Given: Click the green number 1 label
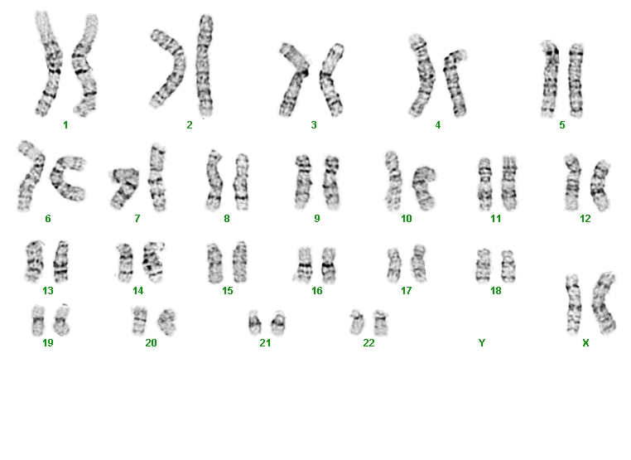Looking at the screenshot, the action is pyautogui.click(x=65, y=125).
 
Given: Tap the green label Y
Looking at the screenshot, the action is pyautogui.click(x=482, y=343).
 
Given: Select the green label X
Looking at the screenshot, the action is pyautogui.click(x=585, y=343).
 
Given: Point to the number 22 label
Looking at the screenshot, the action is pyautogui.click(x=368, y=343).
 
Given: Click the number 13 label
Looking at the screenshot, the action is pyautogui.click(x=48, y=291).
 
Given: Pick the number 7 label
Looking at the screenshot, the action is pyautogui.click(x=137, y=219).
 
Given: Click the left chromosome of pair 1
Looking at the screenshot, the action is pyautogui.click(x=49, y=64).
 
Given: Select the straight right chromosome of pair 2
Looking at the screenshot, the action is pyautogui.click(x=205, y=65).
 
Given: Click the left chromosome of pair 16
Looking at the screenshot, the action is pyautogui.click(x=305, y=264).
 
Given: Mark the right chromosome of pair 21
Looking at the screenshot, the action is pyautogui.click(x=278, y=322).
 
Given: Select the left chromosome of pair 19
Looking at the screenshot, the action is pyautogui.click(x=38, y=321).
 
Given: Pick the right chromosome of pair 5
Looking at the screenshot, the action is pyautogui.click(x=576, y=80).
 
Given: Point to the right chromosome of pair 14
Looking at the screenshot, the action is pyautogui.click(x=152, y=262).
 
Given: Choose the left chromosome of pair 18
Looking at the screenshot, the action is pyautogui.click(x=483, y=265).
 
